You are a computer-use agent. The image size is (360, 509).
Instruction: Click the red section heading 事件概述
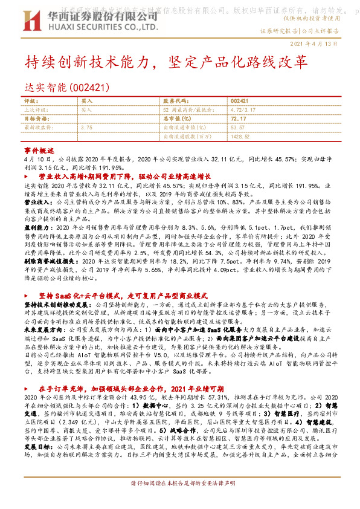pos(39,149)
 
